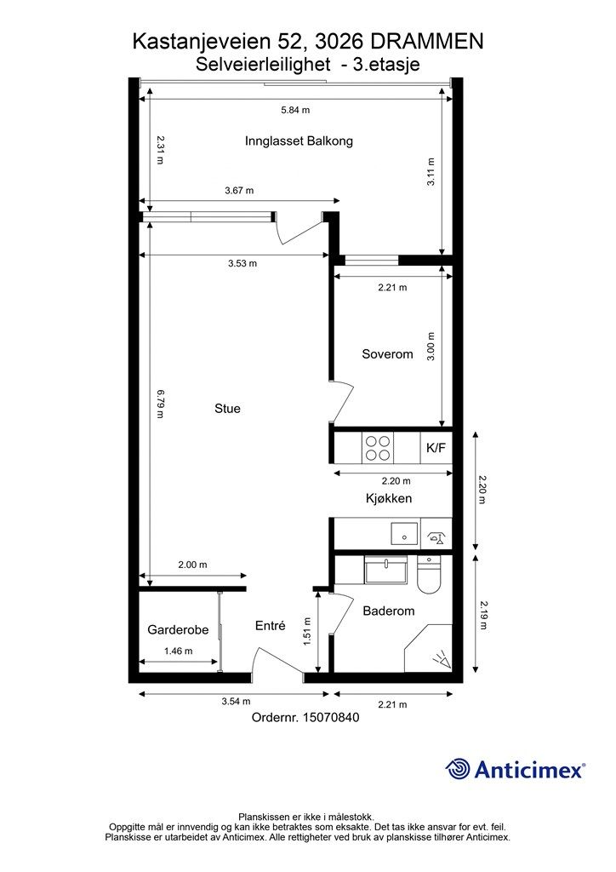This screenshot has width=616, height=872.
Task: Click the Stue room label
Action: point(227,409)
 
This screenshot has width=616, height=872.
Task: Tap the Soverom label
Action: point(387,354)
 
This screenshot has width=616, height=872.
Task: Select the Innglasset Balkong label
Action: point(299,141)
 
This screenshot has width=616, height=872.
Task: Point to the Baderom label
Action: point(388,611)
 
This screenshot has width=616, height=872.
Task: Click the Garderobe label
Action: point(178,629)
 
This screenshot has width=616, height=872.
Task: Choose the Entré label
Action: point(270,626)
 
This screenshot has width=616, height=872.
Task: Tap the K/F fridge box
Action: point(436,448)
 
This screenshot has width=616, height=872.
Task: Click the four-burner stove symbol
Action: point(378,448)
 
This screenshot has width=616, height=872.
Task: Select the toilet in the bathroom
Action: point(429,575)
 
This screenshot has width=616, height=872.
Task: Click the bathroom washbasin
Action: point(386,571)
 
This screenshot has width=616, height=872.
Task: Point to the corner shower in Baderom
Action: point(428,648)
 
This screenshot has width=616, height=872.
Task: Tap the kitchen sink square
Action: point(405,534)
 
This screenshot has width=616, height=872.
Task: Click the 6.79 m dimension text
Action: point(160,404)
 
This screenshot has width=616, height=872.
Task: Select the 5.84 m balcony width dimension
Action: point(295,110)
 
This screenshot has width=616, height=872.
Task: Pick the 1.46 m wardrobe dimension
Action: point(179,651)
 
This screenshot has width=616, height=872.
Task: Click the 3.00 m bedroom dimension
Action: point(431,347)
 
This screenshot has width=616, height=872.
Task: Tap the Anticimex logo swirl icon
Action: point(458,769)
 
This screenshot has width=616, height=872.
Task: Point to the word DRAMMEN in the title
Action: point(426,42)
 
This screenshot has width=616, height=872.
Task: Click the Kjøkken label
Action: point(389,498)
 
